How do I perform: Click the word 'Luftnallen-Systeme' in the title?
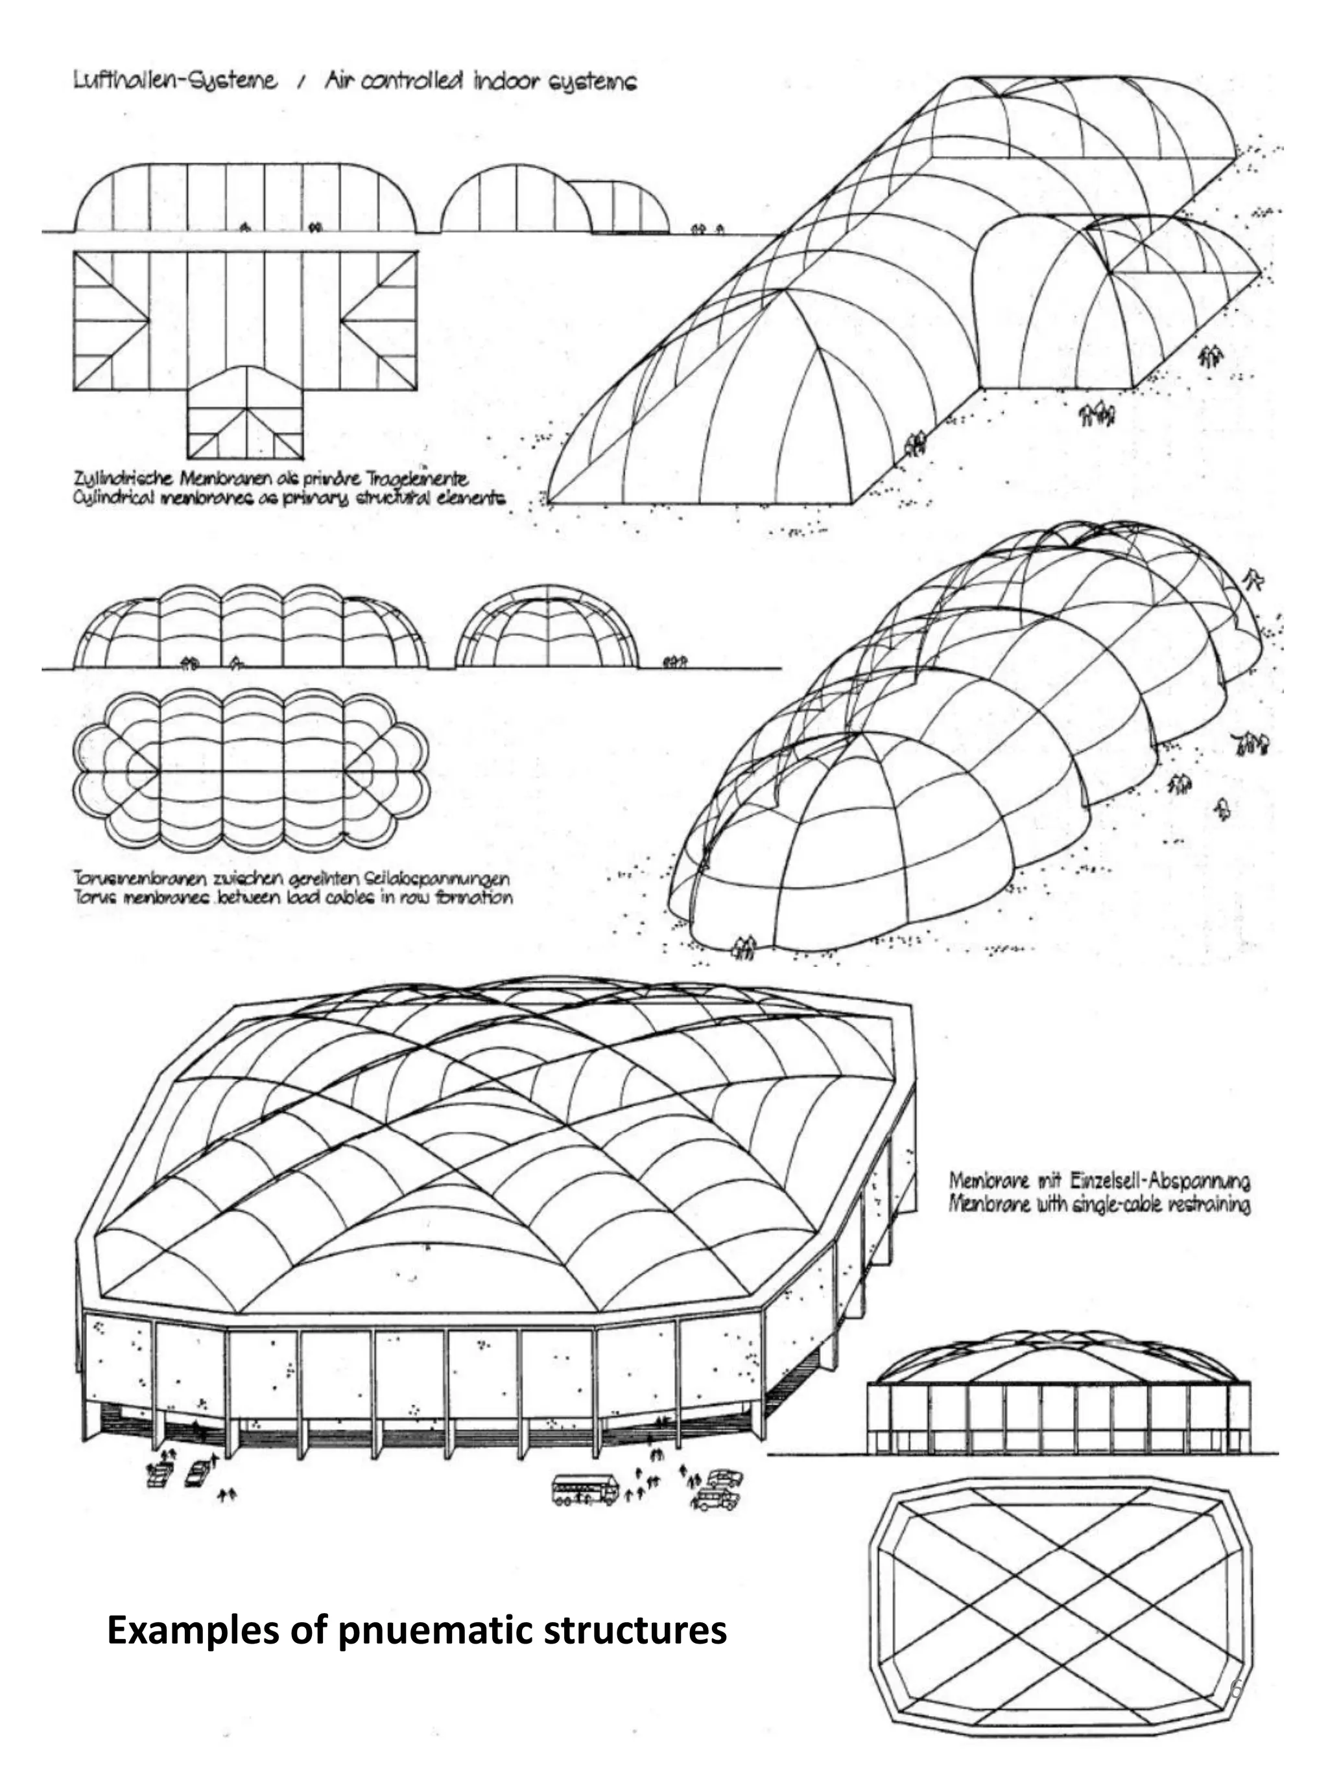pos(175,81)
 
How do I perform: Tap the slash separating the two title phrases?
pos(300,82)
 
